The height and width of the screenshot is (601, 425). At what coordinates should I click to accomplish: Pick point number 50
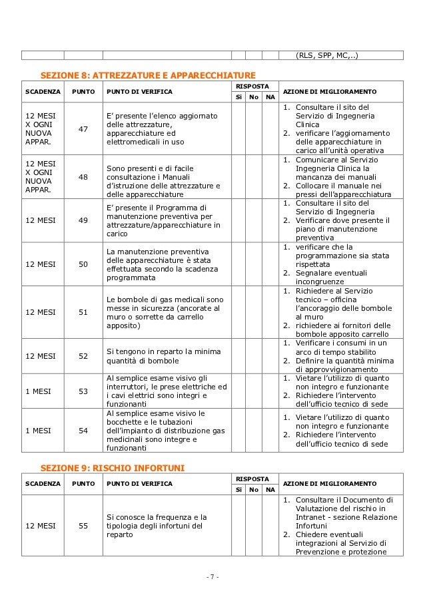[84, 265]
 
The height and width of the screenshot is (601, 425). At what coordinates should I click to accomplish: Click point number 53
[84, 391]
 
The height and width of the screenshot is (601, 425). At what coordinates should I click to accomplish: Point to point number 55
[84, 525]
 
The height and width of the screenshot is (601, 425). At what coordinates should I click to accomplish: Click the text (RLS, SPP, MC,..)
[326, 55]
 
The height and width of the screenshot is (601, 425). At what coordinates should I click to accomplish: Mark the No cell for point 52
[252, 355]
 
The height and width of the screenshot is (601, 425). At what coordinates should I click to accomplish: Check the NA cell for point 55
[269, 525]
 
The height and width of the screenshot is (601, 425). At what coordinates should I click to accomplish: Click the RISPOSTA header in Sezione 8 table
[252, 87]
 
